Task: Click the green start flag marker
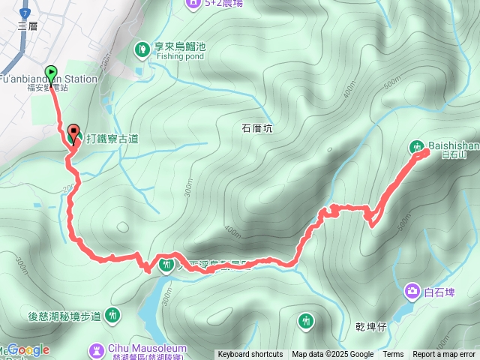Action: (x=51, y=72)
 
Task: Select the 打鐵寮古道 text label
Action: (x=112, y=139)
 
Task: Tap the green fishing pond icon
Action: (x=142, y=49)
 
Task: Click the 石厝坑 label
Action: (x=257, y=128)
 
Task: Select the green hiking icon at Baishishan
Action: (x=416, y=146)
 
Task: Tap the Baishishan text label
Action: (x=451, y=145)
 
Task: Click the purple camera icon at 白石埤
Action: (x=412, y=290)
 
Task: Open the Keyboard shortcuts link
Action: (x=250, y=355)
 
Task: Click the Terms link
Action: (x=393, y=355)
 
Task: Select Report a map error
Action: (x=444, y=355)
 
